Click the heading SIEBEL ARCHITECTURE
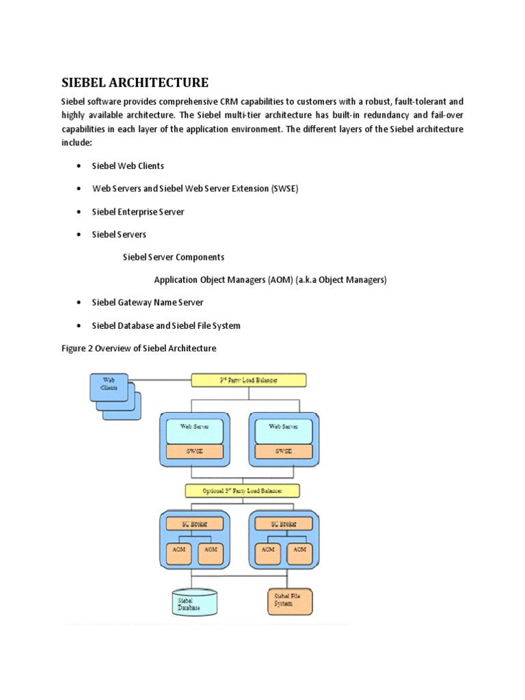[135, 83]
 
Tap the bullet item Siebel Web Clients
[128, 166]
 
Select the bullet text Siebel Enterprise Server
[138, 212]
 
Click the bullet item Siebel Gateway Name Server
[148, 302]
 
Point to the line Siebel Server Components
[173, 257]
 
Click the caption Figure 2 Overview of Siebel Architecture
[139, 349]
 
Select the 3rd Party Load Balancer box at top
[248, 379]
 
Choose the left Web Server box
[194, 430]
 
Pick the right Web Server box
[283, 430]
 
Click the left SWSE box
[194, 452]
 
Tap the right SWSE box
[283, 452]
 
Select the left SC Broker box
[194, 524]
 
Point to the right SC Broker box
[283, 524]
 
